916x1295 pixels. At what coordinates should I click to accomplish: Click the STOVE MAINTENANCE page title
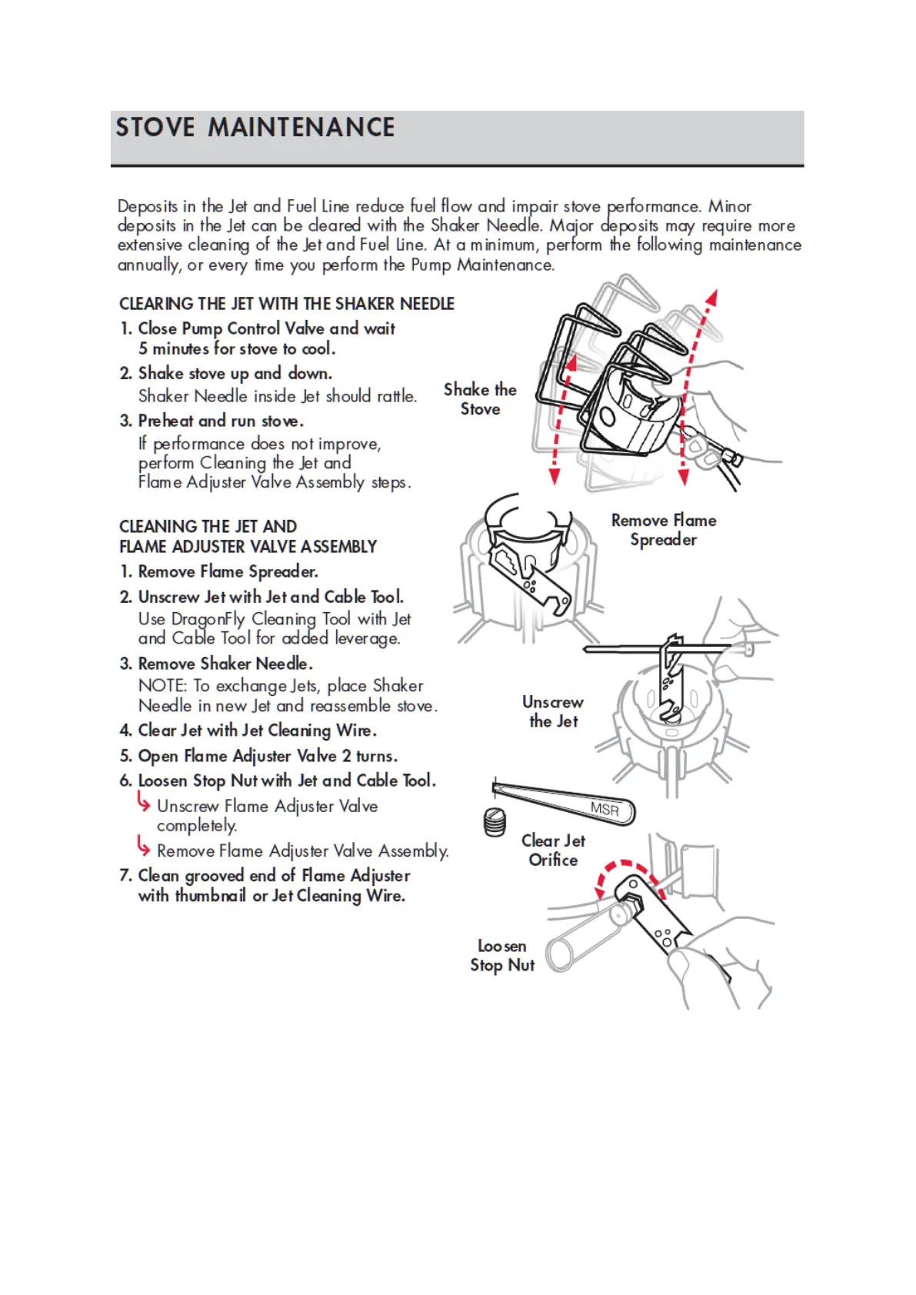(255, 128)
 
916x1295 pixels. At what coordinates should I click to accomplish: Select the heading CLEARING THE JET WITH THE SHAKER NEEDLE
(286, 304)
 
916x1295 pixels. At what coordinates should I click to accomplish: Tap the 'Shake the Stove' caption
(480, 399)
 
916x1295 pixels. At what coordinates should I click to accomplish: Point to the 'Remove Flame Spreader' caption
(663, 530)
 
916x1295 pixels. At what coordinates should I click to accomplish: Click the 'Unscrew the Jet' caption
(553, 711)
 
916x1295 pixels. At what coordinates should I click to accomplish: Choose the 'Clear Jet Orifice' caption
(553, 850)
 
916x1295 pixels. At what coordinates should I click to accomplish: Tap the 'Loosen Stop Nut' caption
(502, 955)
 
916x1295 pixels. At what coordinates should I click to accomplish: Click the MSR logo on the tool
(605, 809)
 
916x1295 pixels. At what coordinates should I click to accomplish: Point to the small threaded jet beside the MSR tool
(495, 823)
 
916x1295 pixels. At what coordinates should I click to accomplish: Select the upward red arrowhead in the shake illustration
(713, 298)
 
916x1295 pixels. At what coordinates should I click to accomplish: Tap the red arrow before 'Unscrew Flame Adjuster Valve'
(144, 802)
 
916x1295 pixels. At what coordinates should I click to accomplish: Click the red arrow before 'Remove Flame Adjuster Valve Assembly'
(144, 847)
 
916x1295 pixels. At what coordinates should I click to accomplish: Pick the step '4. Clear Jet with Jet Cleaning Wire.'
(248, 730)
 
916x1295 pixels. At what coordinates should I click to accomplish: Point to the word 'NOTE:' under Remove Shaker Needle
(162, 686)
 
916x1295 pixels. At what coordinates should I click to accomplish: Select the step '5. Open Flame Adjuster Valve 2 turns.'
(258, 756)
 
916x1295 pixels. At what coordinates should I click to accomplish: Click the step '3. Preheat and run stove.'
(212, 421)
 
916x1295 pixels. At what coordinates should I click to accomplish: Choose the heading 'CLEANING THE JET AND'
(208, 527)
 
